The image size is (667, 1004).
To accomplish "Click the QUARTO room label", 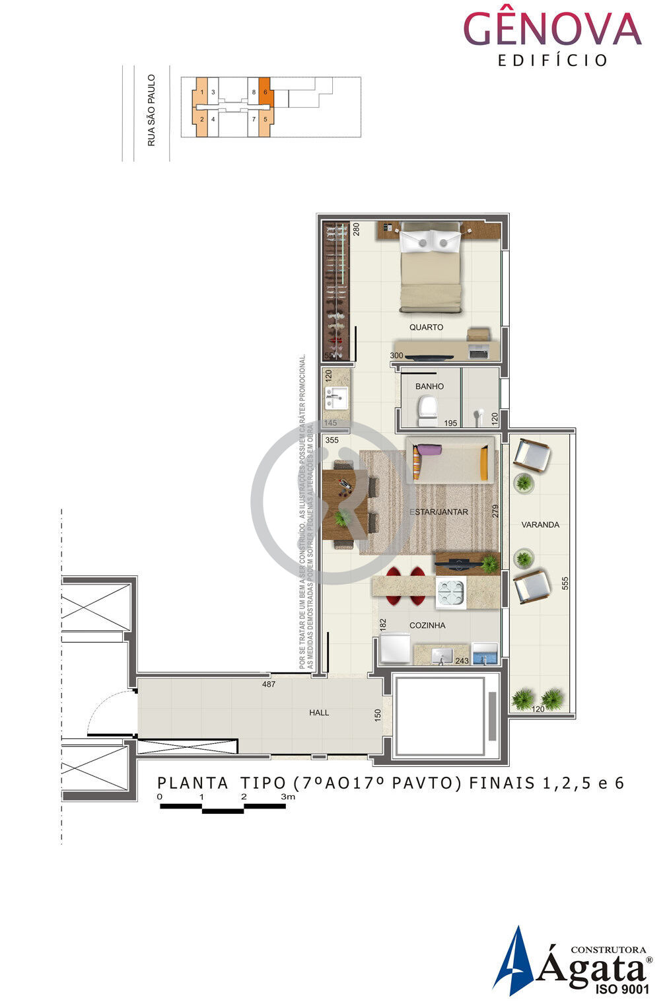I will tap(426, 328).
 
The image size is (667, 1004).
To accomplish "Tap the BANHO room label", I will tap(429, 386).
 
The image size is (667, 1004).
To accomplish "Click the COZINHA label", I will tap(427, 626).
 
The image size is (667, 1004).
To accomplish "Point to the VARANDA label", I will tap(540, 525).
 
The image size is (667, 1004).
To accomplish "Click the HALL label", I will tap(319, 713).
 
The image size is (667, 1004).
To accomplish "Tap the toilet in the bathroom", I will tap(427, 410).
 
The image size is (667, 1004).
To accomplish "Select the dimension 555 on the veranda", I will tap(565, 584).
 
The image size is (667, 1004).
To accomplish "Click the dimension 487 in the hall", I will tap(268, 684).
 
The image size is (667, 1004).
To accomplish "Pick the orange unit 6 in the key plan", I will tap(264, 92).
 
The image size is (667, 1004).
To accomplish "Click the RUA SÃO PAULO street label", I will tap(151, 110).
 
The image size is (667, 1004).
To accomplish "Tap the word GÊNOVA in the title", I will tap(552, 30).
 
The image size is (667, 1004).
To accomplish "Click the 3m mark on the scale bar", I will tap(288, 797).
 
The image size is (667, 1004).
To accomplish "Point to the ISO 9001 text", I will tap(622, 989).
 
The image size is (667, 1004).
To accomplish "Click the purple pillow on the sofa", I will tap(429, 449).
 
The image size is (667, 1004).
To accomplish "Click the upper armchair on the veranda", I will tap(532, 455).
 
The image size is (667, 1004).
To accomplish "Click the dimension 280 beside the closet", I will tap(356, 229).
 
